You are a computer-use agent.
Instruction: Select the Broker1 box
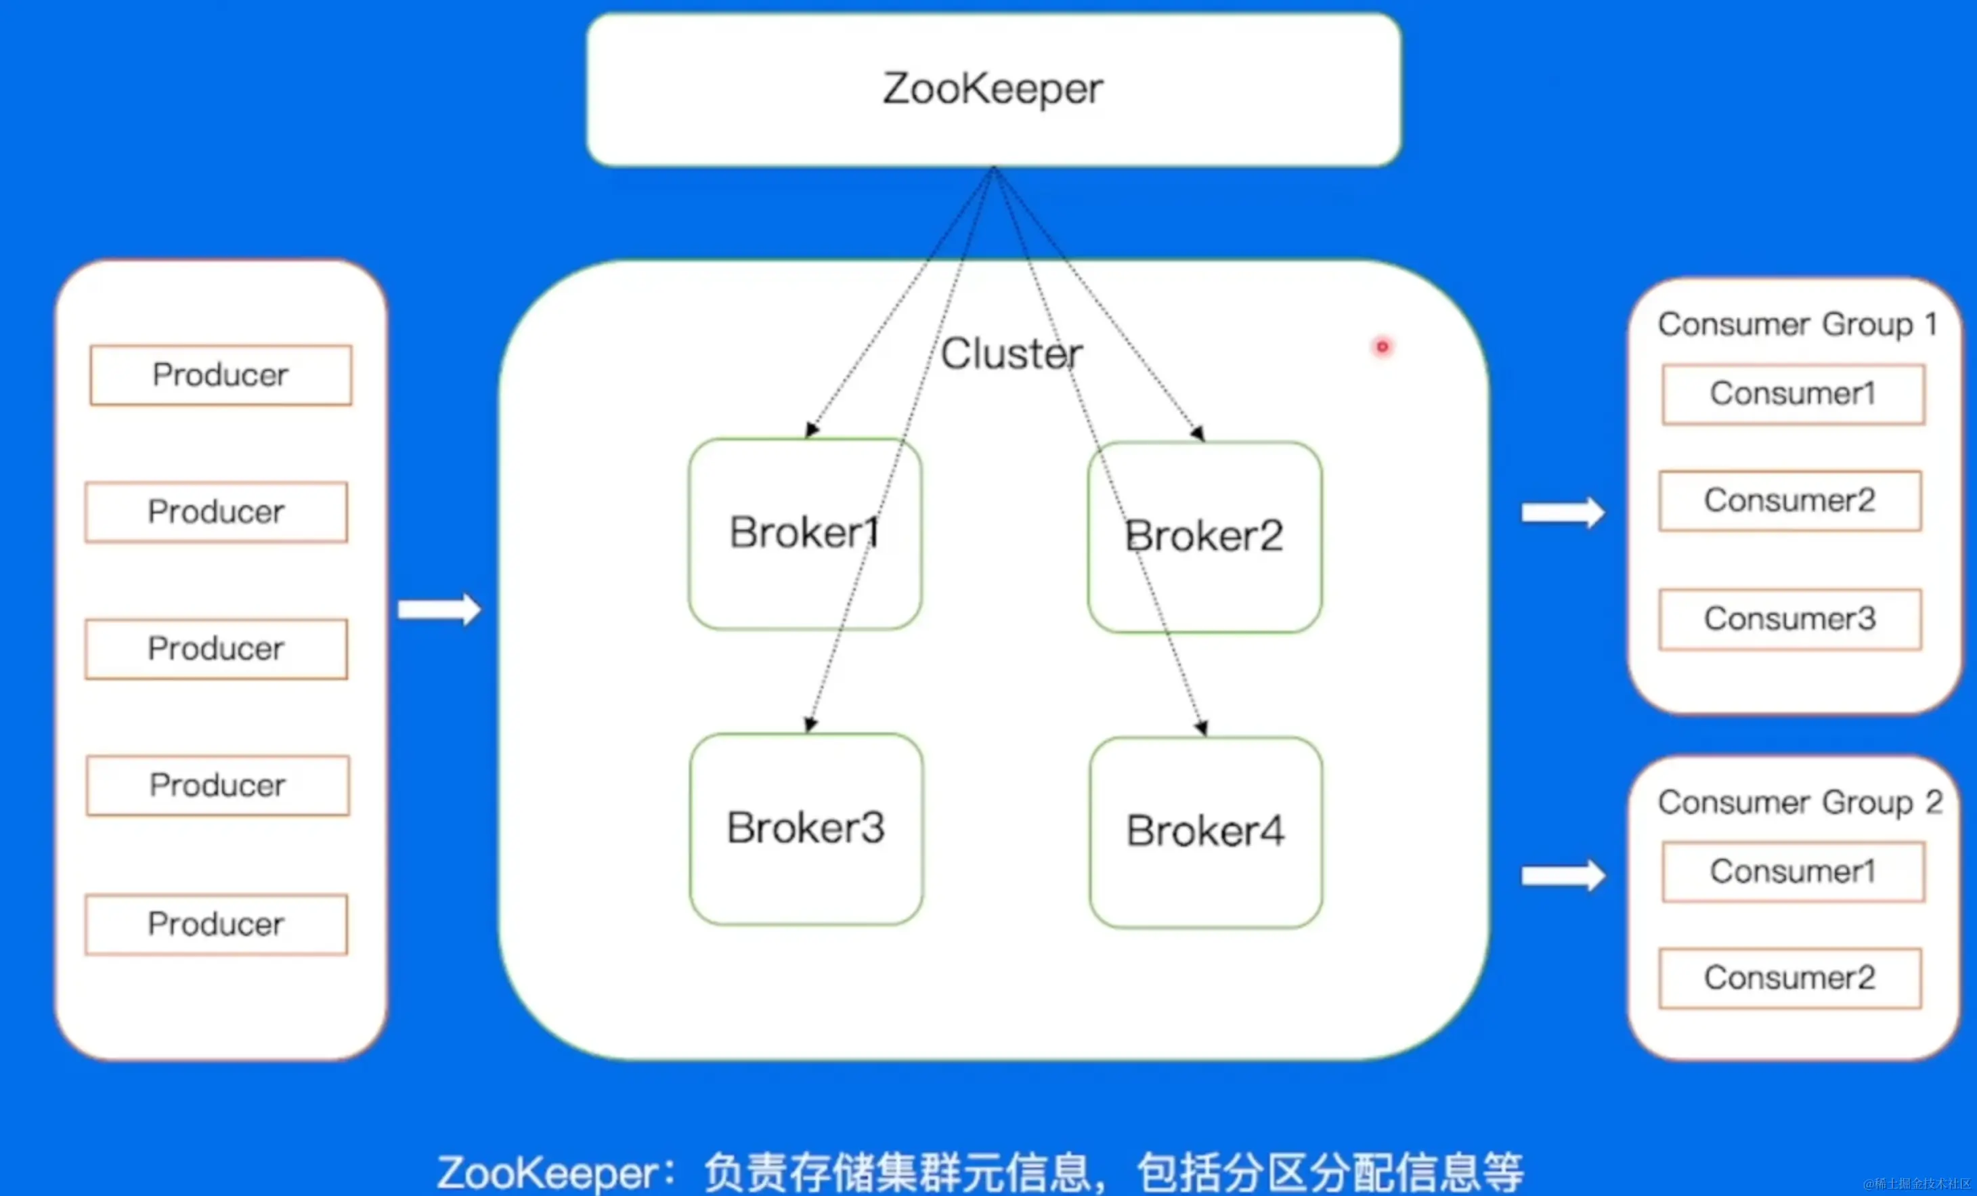click(x=805, y=533)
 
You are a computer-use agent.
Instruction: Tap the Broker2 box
click(x=1204, y=536)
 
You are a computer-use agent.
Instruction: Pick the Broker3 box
click(x=806, y=828)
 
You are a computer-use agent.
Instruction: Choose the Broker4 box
click(x=1205, y=832)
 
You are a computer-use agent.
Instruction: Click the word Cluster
click(x=1011, y=354)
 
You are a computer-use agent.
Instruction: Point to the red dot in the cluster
click(x=1383, y=347)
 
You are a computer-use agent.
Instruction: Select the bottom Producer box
click(x=216, y=924)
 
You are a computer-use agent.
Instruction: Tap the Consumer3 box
click(x=1790, y=619)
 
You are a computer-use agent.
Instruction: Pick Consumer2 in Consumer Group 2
click(x=1790, y=978)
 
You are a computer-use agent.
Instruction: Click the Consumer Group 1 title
click(x=1798, y=324)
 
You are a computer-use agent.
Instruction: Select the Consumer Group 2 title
click(x=1800, y=802)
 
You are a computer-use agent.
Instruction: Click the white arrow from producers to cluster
click(x=439, y=610)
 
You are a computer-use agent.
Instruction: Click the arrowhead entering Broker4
click(x=1202, y=728)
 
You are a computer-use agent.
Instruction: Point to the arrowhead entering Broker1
click(x=812, y=429)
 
